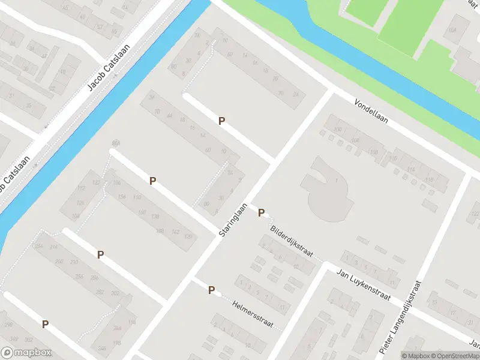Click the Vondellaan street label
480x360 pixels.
click(371, 112)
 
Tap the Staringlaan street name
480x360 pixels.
click(234, 218)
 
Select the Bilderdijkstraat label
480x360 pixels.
click(292, 242)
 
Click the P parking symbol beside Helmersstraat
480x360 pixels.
click(211, 290)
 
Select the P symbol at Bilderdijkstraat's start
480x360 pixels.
click(261, 212)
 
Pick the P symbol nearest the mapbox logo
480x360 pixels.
click(45, 324)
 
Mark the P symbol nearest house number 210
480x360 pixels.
click(100, 254)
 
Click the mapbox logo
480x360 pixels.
click(26, 353)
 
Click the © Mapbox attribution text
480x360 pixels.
click(415, 356)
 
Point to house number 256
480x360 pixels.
click(79, 276)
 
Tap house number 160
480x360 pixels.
click(142, 212)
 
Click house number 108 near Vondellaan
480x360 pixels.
click(374, 152)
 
